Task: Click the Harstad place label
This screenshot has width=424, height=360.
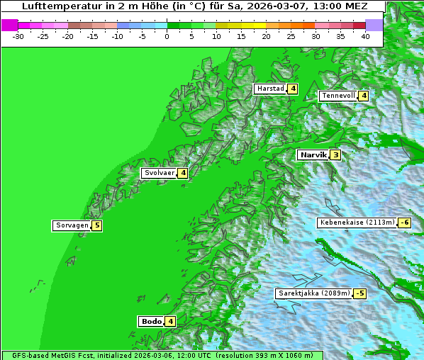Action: click(x=270, y=89)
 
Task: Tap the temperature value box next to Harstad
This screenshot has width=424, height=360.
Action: click(x=292, y=89)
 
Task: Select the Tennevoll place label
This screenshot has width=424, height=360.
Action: click(x=337, y=96)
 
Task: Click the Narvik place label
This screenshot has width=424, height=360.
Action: click(x=313, y=154)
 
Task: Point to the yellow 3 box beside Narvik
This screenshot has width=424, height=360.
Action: click(x=335, y=154)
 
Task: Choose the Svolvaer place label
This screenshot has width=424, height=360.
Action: click(x=159, y=173)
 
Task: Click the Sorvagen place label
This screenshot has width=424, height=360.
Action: click(x=72, y=225)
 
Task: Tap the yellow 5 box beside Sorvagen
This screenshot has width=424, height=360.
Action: click(x=97, y=225)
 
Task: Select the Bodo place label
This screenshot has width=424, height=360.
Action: click(x=151, y=321)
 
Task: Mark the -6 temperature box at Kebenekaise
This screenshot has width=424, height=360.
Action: click(x=404, y=223)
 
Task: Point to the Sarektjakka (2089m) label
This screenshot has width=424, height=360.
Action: click(x=314, y=293)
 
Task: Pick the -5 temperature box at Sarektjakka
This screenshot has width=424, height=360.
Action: click(x=360, y=293)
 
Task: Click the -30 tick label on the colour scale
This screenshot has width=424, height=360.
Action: click(x=18, y=36)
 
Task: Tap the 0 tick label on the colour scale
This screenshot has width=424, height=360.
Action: click(x=167, y=36)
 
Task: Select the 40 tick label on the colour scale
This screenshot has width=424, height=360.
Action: click(x=365, y=36)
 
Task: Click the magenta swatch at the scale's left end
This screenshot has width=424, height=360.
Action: click(x=9, y=25)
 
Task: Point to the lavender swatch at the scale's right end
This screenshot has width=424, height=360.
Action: click(x=374, y=25)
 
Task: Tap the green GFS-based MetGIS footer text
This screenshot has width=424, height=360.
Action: click(x=162, y=355)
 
